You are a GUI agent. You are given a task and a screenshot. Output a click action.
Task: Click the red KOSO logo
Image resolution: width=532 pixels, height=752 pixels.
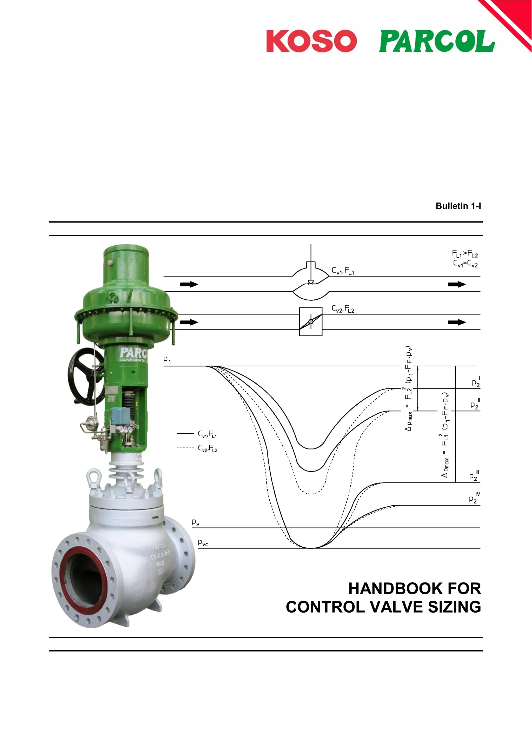[311, 41]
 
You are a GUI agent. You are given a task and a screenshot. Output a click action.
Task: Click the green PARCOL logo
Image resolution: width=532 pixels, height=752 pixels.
[437, 41]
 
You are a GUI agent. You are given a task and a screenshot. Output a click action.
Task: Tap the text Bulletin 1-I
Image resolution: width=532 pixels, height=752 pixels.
[458, 206]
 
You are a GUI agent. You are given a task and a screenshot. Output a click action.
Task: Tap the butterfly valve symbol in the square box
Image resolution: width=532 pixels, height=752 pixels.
[311, 322]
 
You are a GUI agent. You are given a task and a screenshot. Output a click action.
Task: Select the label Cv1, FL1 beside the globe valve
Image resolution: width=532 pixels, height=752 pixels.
[343, 271]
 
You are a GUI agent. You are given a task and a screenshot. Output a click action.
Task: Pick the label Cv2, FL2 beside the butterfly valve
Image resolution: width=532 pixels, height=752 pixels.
[343, 309]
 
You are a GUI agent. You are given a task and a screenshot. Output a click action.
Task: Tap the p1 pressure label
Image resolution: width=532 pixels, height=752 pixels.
[167, 360]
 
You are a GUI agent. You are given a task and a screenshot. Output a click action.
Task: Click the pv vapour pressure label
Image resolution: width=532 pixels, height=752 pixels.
[195, 522]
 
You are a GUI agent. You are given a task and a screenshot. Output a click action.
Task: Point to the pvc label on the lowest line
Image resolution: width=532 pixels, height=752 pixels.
[203, 543]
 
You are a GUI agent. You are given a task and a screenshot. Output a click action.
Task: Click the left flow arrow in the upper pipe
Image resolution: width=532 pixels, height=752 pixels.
[189, 284]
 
